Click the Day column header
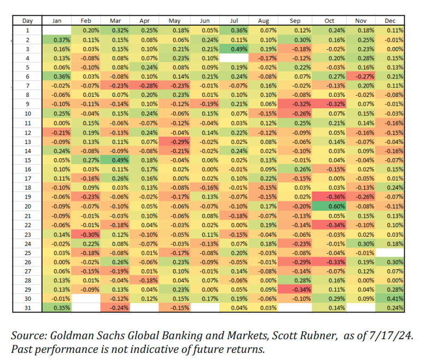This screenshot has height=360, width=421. tap(28, 21)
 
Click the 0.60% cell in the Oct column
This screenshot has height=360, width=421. tap(329, 206)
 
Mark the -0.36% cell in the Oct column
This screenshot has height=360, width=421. tap(329, 197)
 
